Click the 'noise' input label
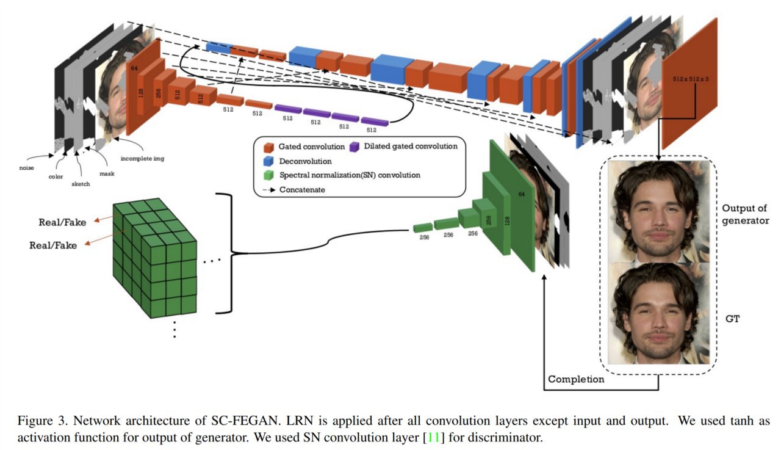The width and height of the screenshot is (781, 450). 26,168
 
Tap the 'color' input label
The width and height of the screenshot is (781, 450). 56,177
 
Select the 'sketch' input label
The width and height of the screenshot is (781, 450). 81,184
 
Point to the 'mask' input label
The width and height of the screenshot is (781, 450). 107,174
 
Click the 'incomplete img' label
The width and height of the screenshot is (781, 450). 142,158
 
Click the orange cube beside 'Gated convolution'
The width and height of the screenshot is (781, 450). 268,147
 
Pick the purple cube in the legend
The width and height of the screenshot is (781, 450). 355,147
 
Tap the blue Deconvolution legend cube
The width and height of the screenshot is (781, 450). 268,161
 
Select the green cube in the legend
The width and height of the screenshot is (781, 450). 268,175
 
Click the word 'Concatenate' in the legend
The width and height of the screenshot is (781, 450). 302,190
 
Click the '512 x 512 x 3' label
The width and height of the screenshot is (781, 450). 691,79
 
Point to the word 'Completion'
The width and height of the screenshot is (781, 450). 576,380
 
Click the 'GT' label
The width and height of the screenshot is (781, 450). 732,319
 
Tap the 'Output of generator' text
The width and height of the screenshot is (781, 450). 745,214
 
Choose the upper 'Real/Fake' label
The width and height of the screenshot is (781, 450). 62,222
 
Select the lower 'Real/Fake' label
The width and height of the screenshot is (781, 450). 53,245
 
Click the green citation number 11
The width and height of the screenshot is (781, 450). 433,437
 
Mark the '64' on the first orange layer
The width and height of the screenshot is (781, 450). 134,68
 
